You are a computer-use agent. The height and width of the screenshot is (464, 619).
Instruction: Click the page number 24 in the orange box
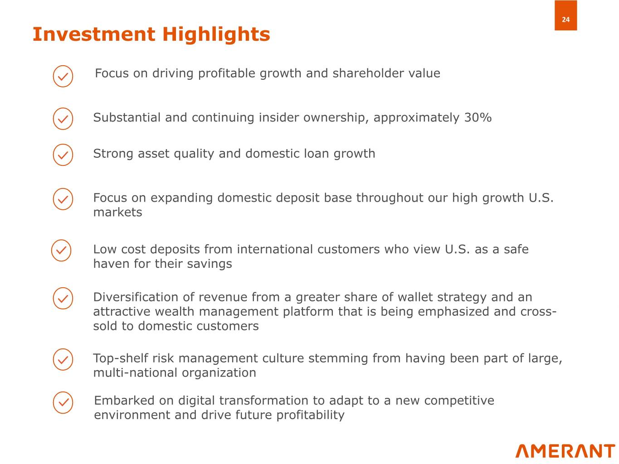pos(565,19)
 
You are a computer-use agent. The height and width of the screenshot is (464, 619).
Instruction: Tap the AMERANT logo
pos(565,451)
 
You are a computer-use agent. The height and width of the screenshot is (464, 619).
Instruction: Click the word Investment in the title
pos(94,34)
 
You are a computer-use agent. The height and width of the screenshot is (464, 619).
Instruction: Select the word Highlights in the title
pos(216,34)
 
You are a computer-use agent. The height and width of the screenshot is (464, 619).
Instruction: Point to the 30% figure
pos(478,117)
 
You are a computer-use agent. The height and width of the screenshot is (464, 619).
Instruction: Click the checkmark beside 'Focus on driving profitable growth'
pos(63,76)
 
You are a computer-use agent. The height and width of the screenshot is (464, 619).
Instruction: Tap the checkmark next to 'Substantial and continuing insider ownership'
pos(63,119)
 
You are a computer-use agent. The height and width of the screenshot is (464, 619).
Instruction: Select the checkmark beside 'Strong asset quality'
pos(63,155)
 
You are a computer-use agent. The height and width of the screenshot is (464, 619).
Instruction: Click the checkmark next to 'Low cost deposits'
pos(61,251)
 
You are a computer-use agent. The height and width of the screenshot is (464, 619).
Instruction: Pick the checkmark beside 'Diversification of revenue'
pos(63,298)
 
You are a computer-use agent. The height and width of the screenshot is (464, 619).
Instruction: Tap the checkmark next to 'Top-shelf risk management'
pos(63,359)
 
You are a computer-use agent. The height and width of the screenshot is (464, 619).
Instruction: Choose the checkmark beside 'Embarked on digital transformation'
pos(63,402)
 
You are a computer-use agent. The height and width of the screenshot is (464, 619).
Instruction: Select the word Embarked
pos(124,400)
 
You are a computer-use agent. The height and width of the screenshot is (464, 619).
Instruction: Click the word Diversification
pos(136,297)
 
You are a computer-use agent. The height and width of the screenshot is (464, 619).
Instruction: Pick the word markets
pos(117,212)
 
